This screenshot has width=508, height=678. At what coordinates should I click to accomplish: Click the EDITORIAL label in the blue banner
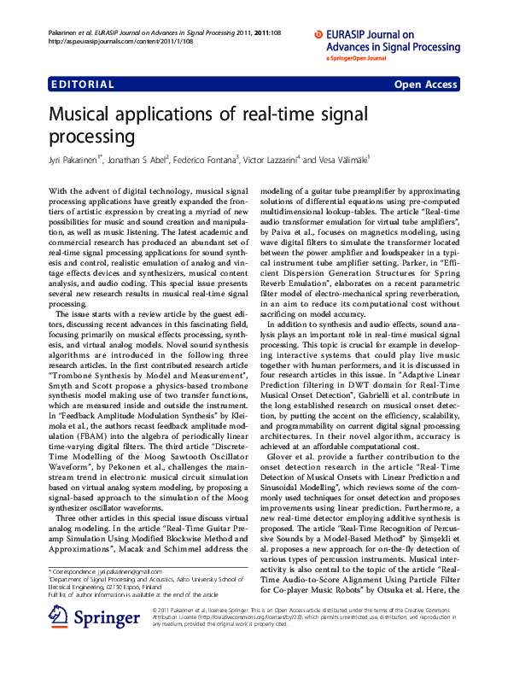tap(83, 85)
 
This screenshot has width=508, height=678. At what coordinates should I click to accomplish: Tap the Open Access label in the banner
tap(425, 85)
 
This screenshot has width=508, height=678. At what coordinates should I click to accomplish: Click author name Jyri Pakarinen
tap(74, 159)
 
